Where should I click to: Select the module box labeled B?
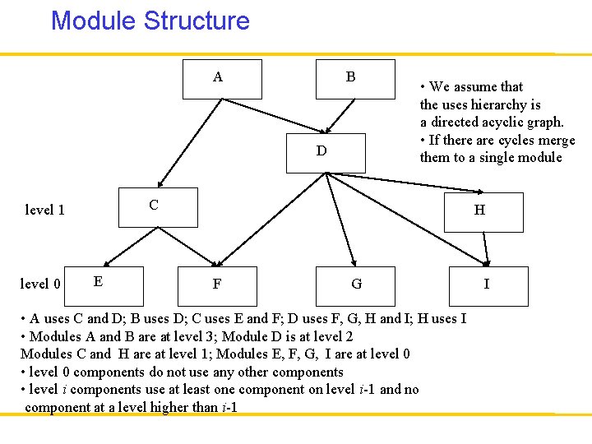click(354, 79)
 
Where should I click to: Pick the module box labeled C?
click(159, 207)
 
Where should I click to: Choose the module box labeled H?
click(483, 212)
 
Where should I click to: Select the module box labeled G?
click(355, 286)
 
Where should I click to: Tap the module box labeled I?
click(487, 286)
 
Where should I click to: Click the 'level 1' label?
click(45, 210)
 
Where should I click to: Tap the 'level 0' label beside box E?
click(40, 284)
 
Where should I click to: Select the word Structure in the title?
click(197, 21)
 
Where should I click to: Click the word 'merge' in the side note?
click(556, 140)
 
